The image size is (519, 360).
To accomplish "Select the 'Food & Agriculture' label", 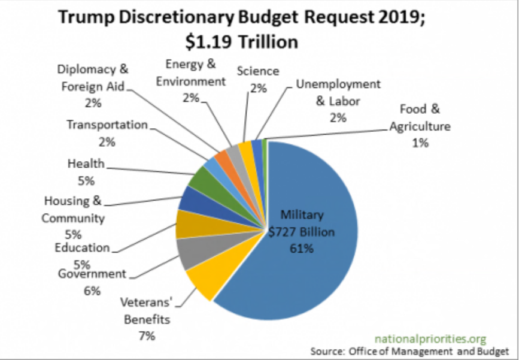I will pos(420,118).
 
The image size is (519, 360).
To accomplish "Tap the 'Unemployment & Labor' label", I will pos(338,92).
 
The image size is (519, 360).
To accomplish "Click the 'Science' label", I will pos(258,71).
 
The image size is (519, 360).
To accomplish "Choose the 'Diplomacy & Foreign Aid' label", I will pos(93,77).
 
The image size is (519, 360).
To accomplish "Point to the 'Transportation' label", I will pos(107,125).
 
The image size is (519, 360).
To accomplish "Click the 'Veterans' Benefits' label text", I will pos(147,310).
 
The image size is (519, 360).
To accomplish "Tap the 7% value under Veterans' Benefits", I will pos(147,335).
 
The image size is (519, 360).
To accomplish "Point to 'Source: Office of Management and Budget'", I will pos(409,350).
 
